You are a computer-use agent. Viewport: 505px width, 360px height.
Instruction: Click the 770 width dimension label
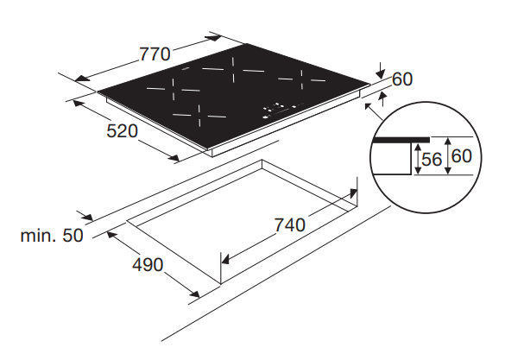click(x=155, y=54)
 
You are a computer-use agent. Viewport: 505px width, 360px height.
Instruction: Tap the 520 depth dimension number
click(x=122, y=131)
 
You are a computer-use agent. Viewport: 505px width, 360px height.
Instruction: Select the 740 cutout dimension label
click(x=289, y=224)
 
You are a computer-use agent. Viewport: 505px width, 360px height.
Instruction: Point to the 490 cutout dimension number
click(x=148, y=265)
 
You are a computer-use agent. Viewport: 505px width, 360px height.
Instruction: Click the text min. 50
click(x=52, y=236)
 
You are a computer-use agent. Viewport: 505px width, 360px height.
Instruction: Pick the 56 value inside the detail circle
click(x=432, y=159)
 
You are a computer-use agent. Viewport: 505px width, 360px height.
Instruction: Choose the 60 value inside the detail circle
click(x=462, y=156)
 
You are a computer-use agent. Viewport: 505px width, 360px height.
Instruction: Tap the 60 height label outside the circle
click(x=402, y=79)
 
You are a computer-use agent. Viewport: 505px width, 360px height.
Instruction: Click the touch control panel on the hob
click(x=282, y=110)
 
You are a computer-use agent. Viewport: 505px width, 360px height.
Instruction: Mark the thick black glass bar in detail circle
click(x=401, y=140)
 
